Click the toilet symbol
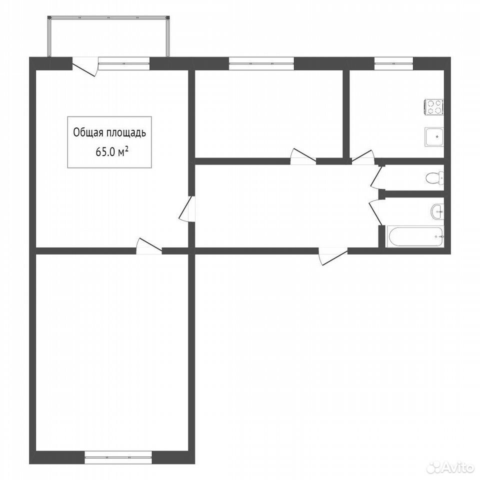point(435,178)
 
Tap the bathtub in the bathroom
point(415,236)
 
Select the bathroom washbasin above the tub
point(437,211)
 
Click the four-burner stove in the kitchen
point(434,107)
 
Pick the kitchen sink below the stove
point(434,137)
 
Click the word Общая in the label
point(87,133)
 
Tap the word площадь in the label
point(126,133)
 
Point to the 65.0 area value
point(106,152)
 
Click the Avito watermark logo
point(451,467)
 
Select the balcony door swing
point(85,66)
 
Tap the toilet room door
point(376,177)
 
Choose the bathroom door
point(375,212)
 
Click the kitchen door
point(362,157)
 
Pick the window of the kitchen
point(393,63)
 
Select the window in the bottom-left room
point(118,457)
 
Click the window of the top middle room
point(261,63)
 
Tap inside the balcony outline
point(108,36)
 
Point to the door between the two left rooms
point(149,246)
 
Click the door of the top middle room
point(303,156)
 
